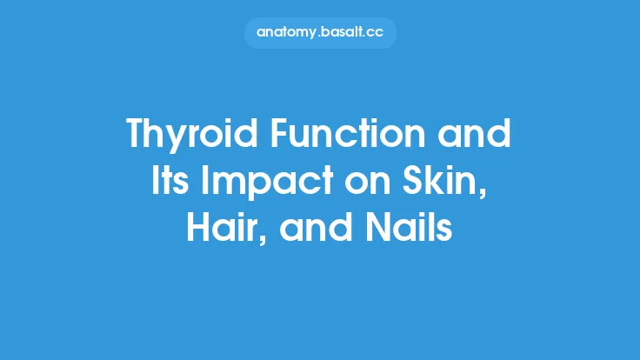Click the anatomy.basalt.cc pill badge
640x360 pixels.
[x=320, y=32]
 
